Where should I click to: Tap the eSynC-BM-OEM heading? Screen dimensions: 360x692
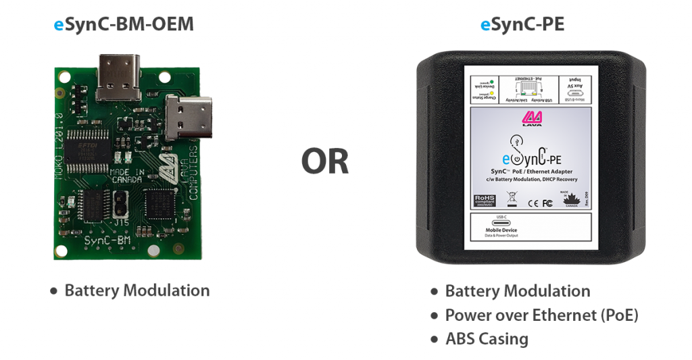pos(124,26)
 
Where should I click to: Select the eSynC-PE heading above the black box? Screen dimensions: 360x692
pos(522,26)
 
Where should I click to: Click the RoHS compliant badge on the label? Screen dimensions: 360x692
pos(485,200)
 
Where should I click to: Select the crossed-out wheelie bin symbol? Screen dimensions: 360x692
pos(512,199)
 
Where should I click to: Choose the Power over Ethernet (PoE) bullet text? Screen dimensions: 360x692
pos(541,315)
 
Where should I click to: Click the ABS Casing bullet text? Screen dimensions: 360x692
pos(487,338)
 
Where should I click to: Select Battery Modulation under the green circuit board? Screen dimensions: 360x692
pos(137,290)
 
